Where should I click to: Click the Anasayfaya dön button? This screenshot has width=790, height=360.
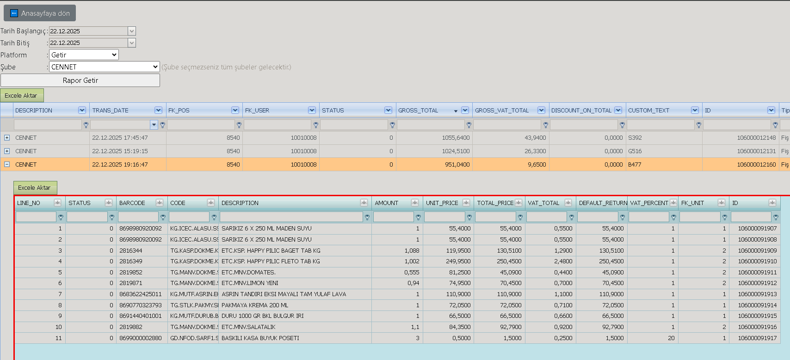pyautogui.click(x=39, y=13)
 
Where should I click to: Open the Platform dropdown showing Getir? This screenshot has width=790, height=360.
pyautogui.click(x=84, y=55)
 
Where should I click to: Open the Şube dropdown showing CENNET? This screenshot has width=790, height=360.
pyautogui.click(x=105, y=67)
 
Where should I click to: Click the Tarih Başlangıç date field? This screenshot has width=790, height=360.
pyautogui.click(x=88, y=31)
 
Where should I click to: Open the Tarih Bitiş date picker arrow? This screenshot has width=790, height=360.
pyautogui.click(x=131, y=43)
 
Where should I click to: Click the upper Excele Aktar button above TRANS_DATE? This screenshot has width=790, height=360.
pyautogui.click(x=22, y=95)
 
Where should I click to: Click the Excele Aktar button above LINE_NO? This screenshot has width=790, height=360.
pyautogui.click(x=35, y=187)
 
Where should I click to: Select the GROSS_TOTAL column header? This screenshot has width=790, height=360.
pyautogui.click(x=418, y=111)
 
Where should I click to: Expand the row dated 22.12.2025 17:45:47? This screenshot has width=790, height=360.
pyautogui.click(x=6, y=137)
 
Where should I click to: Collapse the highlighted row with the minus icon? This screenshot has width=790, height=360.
pyautogui.click(x=6, y=164)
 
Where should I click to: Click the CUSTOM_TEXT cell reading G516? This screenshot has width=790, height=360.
pyautogui.click(x=635, y=151)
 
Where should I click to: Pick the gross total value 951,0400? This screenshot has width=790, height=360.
pyautogui.click(x=457, y=164)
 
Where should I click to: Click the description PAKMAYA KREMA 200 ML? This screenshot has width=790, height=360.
pyautogui.click(x=255, y=305)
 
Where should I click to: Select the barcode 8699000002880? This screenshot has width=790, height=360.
pyautogui.click(x=140, y=338)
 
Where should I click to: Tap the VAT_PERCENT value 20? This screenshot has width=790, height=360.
pyautogui.click(x=671, y=338)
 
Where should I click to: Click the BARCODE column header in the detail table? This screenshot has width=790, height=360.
pyautogui.click(x=132, y=203)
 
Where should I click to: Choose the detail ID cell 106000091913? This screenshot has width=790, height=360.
pyautogui.click(x=757, y=294)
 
